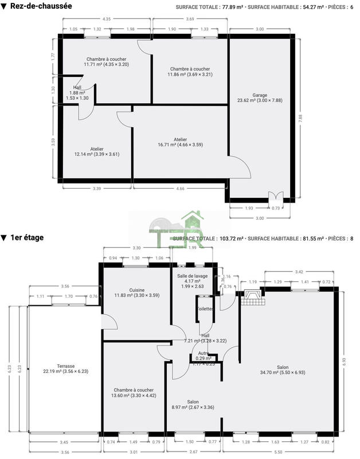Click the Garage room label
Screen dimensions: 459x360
coord(260,95)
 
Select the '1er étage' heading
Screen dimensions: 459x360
coord(26,237)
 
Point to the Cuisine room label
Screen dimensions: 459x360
coord(136,290)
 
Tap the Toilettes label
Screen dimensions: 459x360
coord(205,309)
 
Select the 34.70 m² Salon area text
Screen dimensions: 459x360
coord(282,373)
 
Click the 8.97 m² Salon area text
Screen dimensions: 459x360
coord(193,407)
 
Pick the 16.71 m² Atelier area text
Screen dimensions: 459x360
coord(180,145)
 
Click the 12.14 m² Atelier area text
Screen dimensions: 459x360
coord(96,154)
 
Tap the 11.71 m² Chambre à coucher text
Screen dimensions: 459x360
coord(106,64)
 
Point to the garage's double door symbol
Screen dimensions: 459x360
coord(276,196)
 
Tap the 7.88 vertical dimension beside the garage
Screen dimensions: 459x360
coord(300,118)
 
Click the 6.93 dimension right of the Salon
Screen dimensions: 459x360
coord(344,362)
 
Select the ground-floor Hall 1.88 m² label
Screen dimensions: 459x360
coord(77,92)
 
